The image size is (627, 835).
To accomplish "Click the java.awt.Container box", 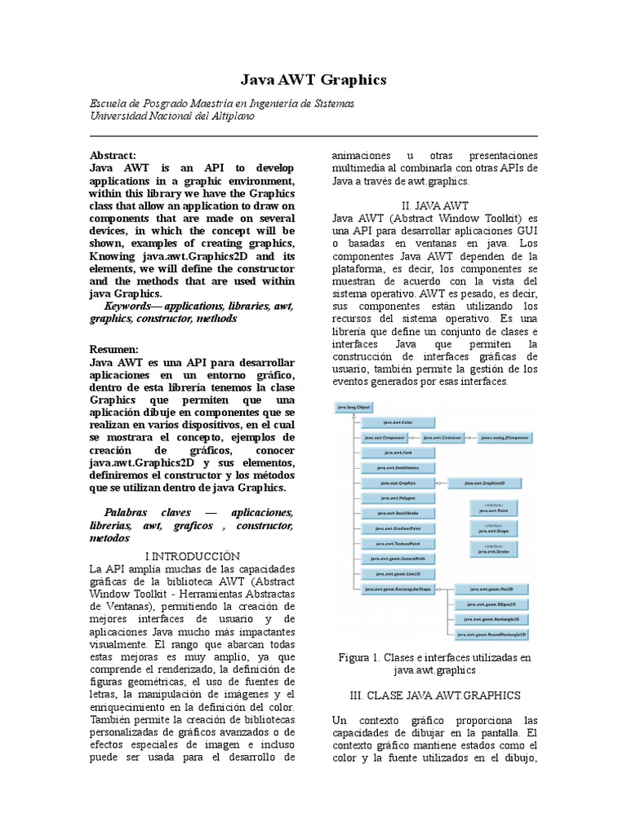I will pyautogui.click(x=443, y=438).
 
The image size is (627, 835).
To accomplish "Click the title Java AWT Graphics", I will pyautogui.click(x=313, y=80).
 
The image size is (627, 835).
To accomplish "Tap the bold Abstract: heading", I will pyautogui.click(x=113, y=155).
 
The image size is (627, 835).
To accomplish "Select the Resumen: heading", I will pyautogui.click(x=113, y=349).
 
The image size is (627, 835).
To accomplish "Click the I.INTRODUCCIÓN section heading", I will pyautogui.click(x=192, y=555).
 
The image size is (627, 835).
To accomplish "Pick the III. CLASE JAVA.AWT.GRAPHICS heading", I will pyautogui.click(x=434, y=695).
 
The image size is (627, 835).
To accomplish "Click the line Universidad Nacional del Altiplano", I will pyautogui.click(x=171, y=117).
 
